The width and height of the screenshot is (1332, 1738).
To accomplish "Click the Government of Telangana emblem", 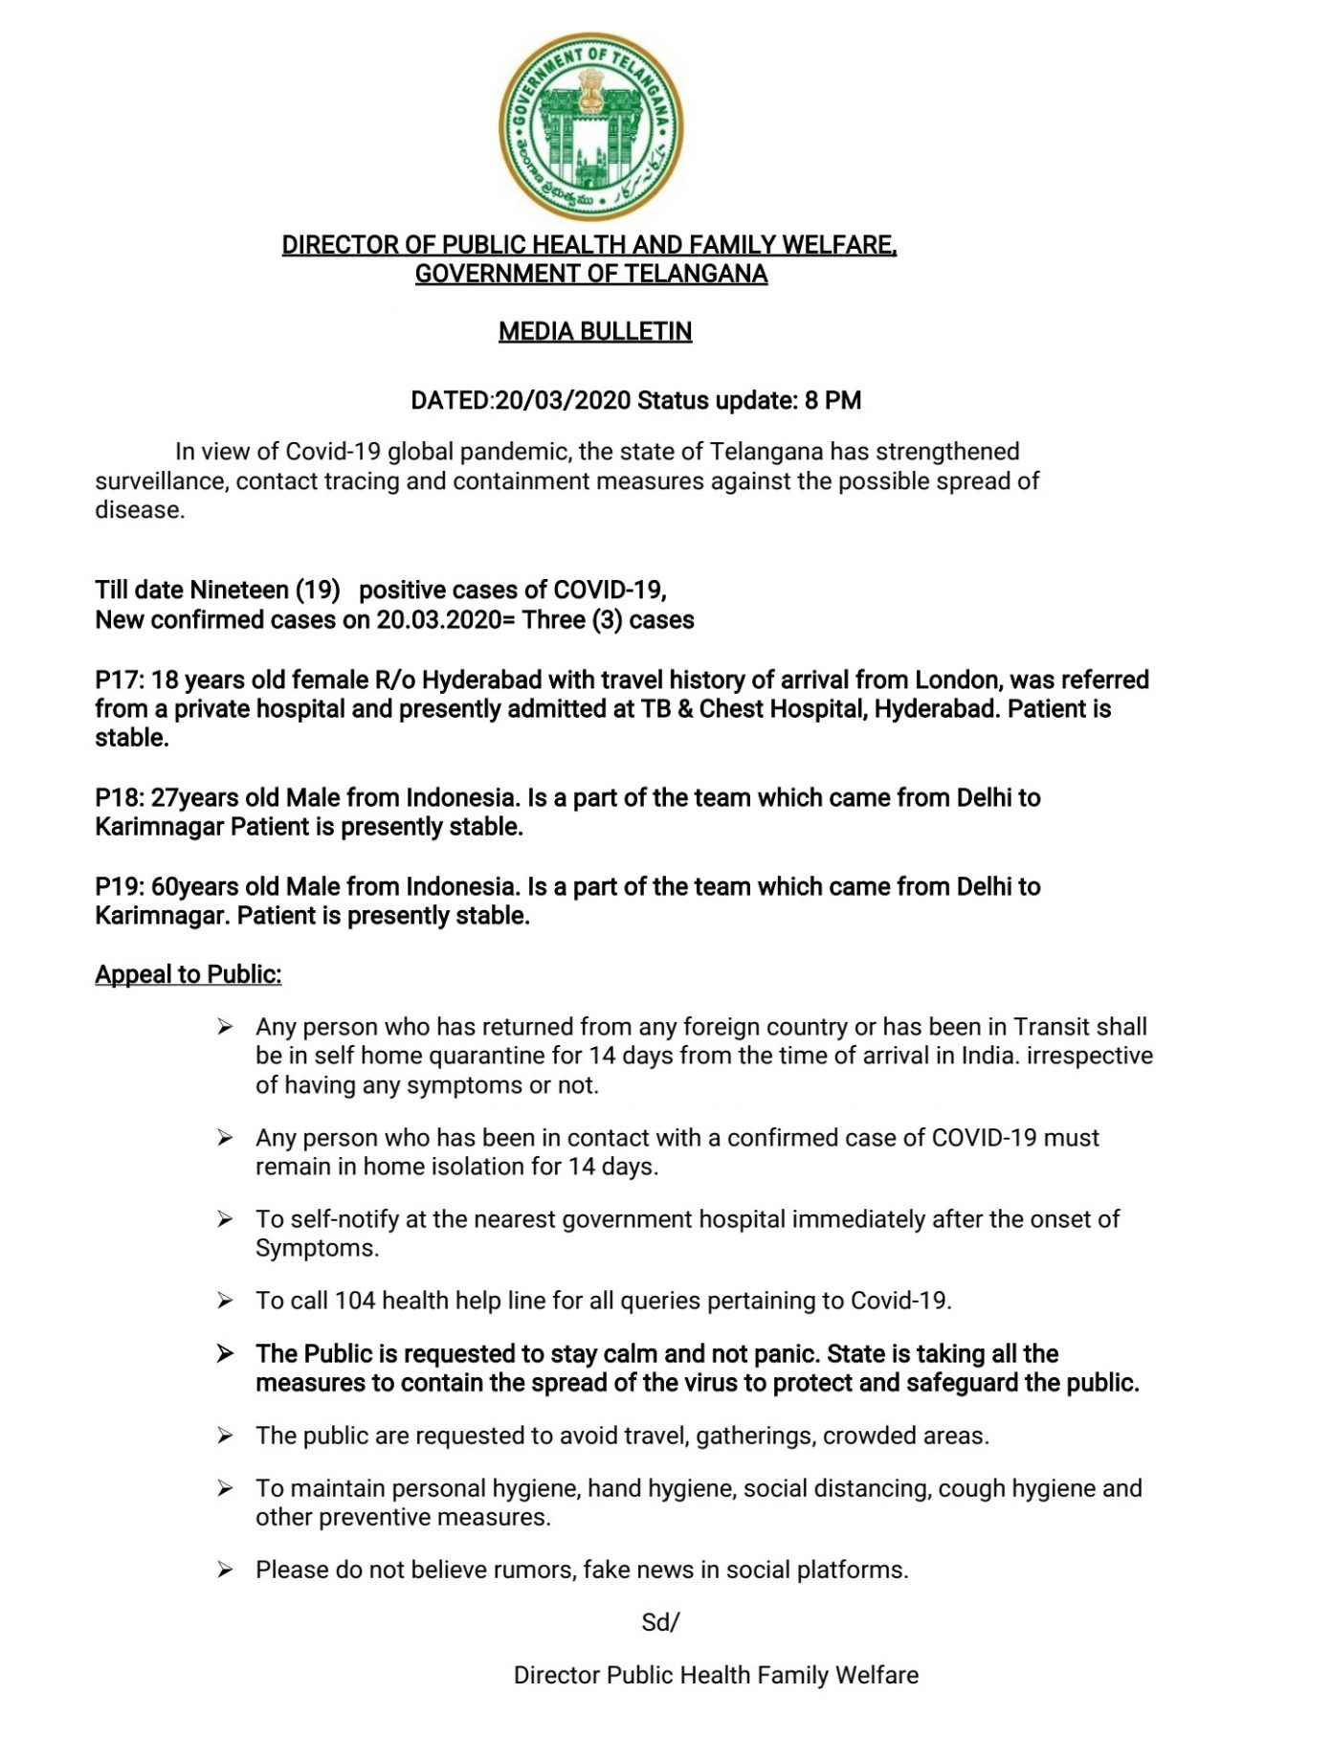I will [x=591, y=126].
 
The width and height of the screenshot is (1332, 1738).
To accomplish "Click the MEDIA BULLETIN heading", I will [x=594, y=332].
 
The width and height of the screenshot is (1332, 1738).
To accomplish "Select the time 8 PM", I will [x=832, y=400].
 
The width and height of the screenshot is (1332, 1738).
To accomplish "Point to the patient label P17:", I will [x=120, y=680].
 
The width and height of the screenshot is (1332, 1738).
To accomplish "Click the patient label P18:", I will [x=120, y=798].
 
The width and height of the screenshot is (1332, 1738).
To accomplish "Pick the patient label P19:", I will [x=120, y=887].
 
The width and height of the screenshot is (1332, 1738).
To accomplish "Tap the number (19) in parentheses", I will [x=318, y=590].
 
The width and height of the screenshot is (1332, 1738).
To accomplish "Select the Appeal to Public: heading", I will [x=189, y=975].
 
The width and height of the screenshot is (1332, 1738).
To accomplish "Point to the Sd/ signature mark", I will [x=660, y=1622].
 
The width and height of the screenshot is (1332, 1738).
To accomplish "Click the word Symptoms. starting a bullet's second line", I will [x=317, y=1249].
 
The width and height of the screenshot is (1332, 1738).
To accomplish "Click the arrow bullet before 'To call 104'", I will [x=225, y=1302].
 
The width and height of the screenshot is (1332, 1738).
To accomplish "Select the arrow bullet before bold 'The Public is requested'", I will [x=225, y=1354].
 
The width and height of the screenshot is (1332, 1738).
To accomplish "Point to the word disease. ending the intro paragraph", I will [x=140, y=510].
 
